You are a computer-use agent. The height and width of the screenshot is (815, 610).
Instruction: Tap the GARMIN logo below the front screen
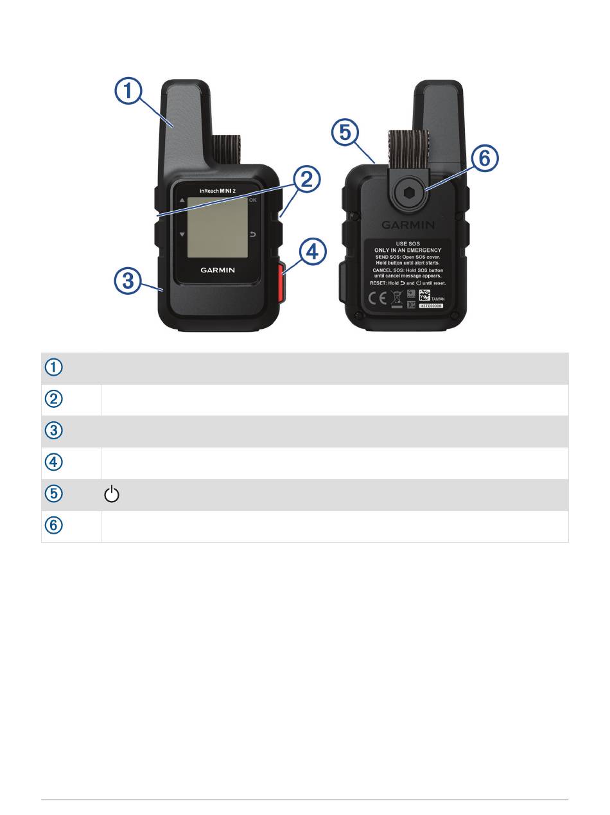pyautogui.click(x=217, y=270)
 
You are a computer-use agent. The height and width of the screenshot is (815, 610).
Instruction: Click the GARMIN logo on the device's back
pyautogui.click(x=408, y=225)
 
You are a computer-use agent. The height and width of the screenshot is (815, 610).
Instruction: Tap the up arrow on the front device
pyautogui.click(x=182, y=200)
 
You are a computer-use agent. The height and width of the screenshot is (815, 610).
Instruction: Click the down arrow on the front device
pyautogui.click(x=182, y=234)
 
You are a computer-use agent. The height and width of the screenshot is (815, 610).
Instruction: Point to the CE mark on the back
pyautogui.click(x=376, y=297)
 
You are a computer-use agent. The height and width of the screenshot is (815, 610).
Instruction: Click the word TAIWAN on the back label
pyautogui.click(x=439, y=299)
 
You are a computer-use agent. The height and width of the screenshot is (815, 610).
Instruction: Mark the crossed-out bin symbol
pyautogui.click(x=397, y=297)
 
